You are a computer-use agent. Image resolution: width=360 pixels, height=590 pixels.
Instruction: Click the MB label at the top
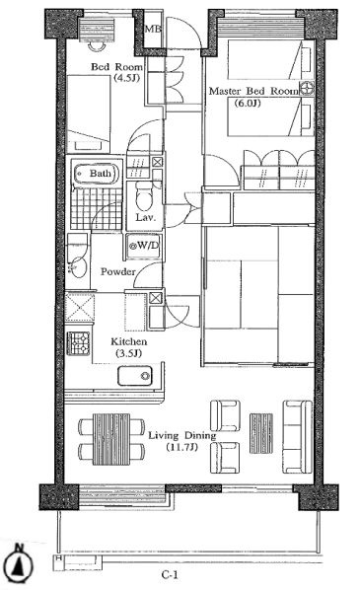[153, 29]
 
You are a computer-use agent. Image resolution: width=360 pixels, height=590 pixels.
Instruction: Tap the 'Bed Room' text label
[117, 67]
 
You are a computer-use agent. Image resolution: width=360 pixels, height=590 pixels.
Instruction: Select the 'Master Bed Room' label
[253, 91]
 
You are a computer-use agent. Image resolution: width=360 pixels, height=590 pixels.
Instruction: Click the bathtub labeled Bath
[97, 174]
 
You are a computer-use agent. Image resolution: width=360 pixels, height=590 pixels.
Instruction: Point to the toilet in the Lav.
[143, 195]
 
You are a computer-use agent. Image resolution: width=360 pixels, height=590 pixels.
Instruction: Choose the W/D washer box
[144, 246]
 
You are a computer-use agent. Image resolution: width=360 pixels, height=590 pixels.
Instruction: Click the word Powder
[117, 271]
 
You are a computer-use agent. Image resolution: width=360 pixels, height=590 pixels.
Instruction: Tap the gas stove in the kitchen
[79, 343]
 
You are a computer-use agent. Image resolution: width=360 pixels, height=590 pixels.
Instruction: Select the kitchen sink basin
[135, 376]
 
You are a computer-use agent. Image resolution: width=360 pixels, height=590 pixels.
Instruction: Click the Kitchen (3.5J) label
[128, 347]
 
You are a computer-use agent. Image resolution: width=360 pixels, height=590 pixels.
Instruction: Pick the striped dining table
[111, 439]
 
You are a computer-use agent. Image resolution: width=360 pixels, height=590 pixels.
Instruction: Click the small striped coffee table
[261, 433]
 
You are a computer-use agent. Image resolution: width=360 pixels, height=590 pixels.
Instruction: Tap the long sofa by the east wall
[297, 436]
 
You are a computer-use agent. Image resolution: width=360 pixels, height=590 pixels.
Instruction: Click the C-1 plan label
[170, 575]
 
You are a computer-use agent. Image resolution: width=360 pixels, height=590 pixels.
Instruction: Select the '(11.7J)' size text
[182, 447]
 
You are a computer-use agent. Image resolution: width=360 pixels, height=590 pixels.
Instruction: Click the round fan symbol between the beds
[307, 88]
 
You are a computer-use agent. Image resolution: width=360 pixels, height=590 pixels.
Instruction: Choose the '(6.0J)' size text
[248, 103]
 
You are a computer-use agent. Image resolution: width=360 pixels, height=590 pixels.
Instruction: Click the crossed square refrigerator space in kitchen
[79, 308]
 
